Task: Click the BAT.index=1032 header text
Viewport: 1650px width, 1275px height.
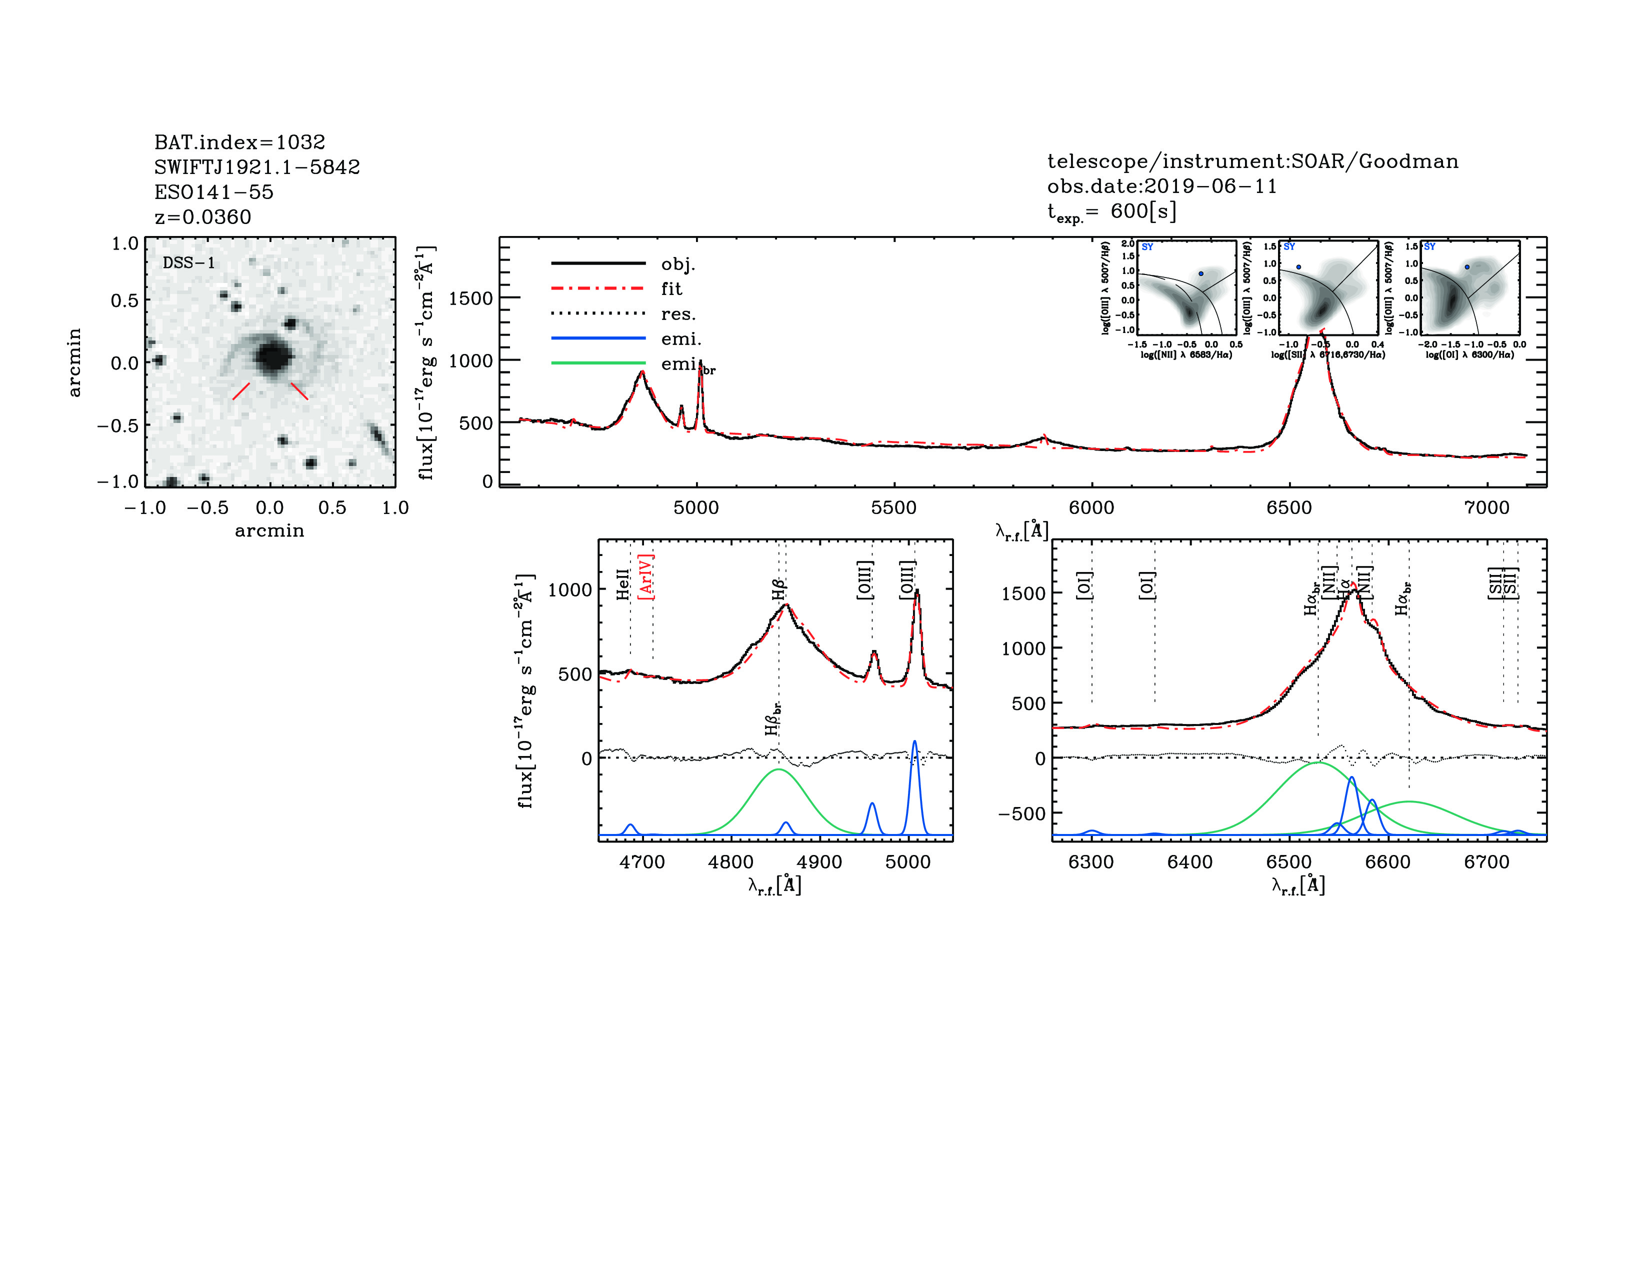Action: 239,142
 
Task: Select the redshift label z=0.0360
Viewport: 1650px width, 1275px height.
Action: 202,217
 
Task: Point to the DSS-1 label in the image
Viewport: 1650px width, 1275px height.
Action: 189,263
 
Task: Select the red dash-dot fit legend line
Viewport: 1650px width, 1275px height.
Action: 598,288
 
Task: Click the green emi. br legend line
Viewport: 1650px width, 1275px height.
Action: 598,363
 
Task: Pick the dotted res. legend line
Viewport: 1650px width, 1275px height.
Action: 598,313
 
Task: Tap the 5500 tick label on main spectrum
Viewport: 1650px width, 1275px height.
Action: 894,507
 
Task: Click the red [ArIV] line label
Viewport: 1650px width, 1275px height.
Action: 646,577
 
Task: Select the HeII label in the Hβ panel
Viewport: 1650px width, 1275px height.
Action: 622,584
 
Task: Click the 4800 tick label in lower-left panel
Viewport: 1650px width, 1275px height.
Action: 730,862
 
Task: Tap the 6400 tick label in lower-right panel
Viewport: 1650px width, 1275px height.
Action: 1190,862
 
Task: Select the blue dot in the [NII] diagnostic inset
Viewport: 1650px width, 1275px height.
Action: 1200,273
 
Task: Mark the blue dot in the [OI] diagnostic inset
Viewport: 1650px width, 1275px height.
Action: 1467,266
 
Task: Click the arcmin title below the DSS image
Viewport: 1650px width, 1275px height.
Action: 269,531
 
